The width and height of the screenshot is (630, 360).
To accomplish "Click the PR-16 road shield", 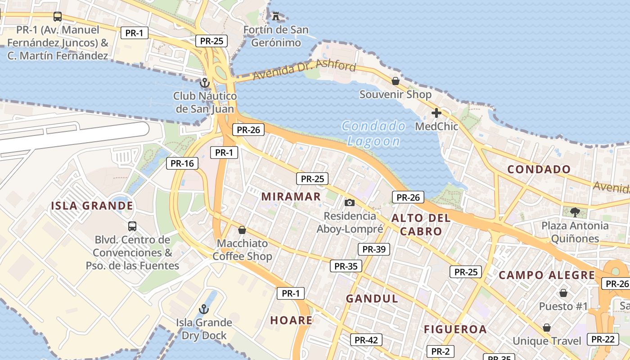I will point(182,163).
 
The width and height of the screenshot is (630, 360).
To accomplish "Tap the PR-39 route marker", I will point(373,249).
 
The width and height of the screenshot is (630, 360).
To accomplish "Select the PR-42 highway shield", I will point(366,340).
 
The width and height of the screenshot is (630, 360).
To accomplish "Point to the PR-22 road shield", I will point(603,339).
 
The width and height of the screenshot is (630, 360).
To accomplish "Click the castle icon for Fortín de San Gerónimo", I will point(275,17).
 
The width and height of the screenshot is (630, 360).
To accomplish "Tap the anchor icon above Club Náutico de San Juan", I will point(205,83).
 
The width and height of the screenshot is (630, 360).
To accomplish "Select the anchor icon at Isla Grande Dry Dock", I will point(204,309).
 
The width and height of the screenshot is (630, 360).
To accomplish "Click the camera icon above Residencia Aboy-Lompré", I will point(349,203).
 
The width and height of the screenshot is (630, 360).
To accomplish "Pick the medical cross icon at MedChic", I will point(436,113).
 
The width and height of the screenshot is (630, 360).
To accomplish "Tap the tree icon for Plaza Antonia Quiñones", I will point(574,212).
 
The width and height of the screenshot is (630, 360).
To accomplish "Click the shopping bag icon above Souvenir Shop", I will point(395,81).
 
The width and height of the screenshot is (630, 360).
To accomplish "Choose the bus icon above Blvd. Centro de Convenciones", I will point(132,226).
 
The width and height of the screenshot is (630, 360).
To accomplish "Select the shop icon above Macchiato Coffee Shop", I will point(242,230).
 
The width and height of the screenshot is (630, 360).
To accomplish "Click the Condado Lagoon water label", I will point(373,134).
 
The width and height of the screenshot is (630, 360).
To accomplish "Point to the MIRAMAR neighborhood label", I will point(291,197).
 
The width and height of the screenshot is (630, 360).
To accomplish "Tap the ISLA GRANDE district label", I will point(92,206).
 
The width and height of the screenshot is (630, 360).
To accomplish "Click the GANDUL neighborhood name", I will point(372,299).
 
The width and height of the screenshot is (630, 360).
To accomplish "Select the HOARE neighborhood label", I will point(291,320).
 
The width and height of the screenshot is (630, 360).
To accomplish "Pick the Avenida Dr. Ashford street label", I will point(304,70).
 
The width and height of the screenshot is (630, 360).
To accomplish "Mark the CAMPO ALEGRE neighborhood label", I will point(547,275).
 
